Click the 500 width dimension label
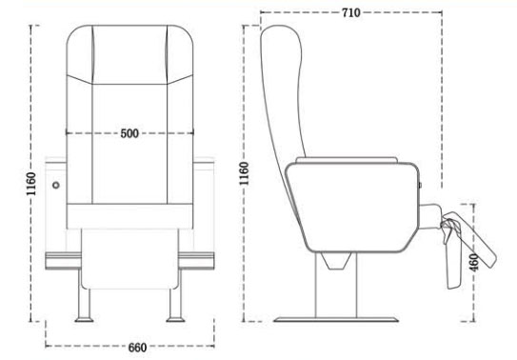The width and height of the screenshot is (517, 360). click(x=129, y=133)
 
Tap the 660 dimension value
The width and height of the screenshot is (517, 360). click(x=137, y=348)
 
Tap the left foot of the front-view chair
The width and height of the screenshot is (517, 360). click(x=84, y=307)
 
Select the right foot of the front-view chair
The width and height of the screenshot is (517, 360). click(x=175, y=307)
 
